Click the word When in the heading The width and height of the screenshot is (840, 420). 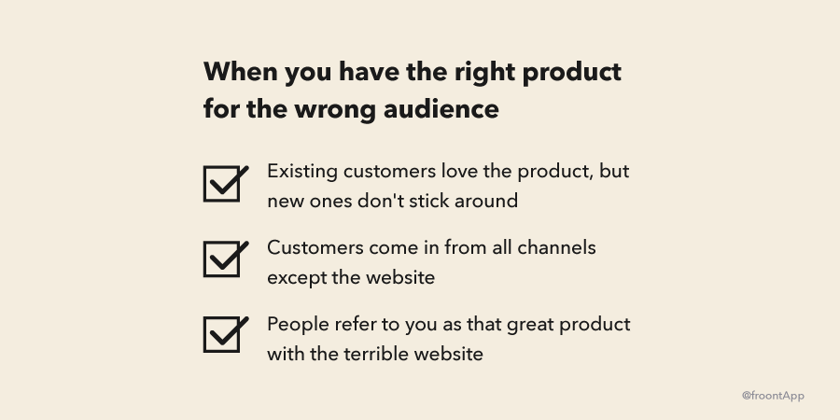click(x=241, y=71)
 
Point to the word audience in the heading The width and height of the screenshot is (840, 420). click(x=441, y=109)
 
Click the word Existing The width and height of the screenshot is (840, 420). click(x=302, y=173)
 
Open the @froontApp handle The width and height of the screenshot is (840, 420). click(x=773, y=396)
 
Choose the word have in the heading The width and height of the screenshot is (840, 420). click(x=369, y=72)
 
